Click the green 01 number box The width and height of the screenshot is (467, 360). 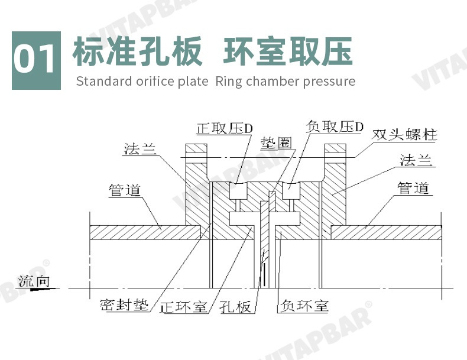click(x=36, y=60)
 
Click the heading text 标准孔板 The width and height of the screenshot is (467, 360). click(x=137, y=51)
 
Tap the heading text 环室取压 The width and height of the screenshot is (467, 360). click(x=288, y=51)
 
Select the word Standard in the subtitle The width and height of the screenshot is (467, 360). click(x=103, y=81)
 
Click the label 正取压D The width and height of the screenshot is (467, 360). click(x=225, y=128)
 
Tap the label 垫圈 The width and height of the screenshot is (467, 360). click(x=275, y=142)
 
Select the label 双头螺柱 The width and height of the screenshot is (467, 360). click(x=405, y=134)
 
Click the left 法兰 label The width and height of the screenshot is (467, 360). click(x=140, y=148)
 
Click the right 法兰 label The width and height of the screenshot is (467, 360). click(x=416, y=160)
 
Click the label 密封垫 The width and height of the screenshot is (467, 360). click(x=124, y=307)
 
